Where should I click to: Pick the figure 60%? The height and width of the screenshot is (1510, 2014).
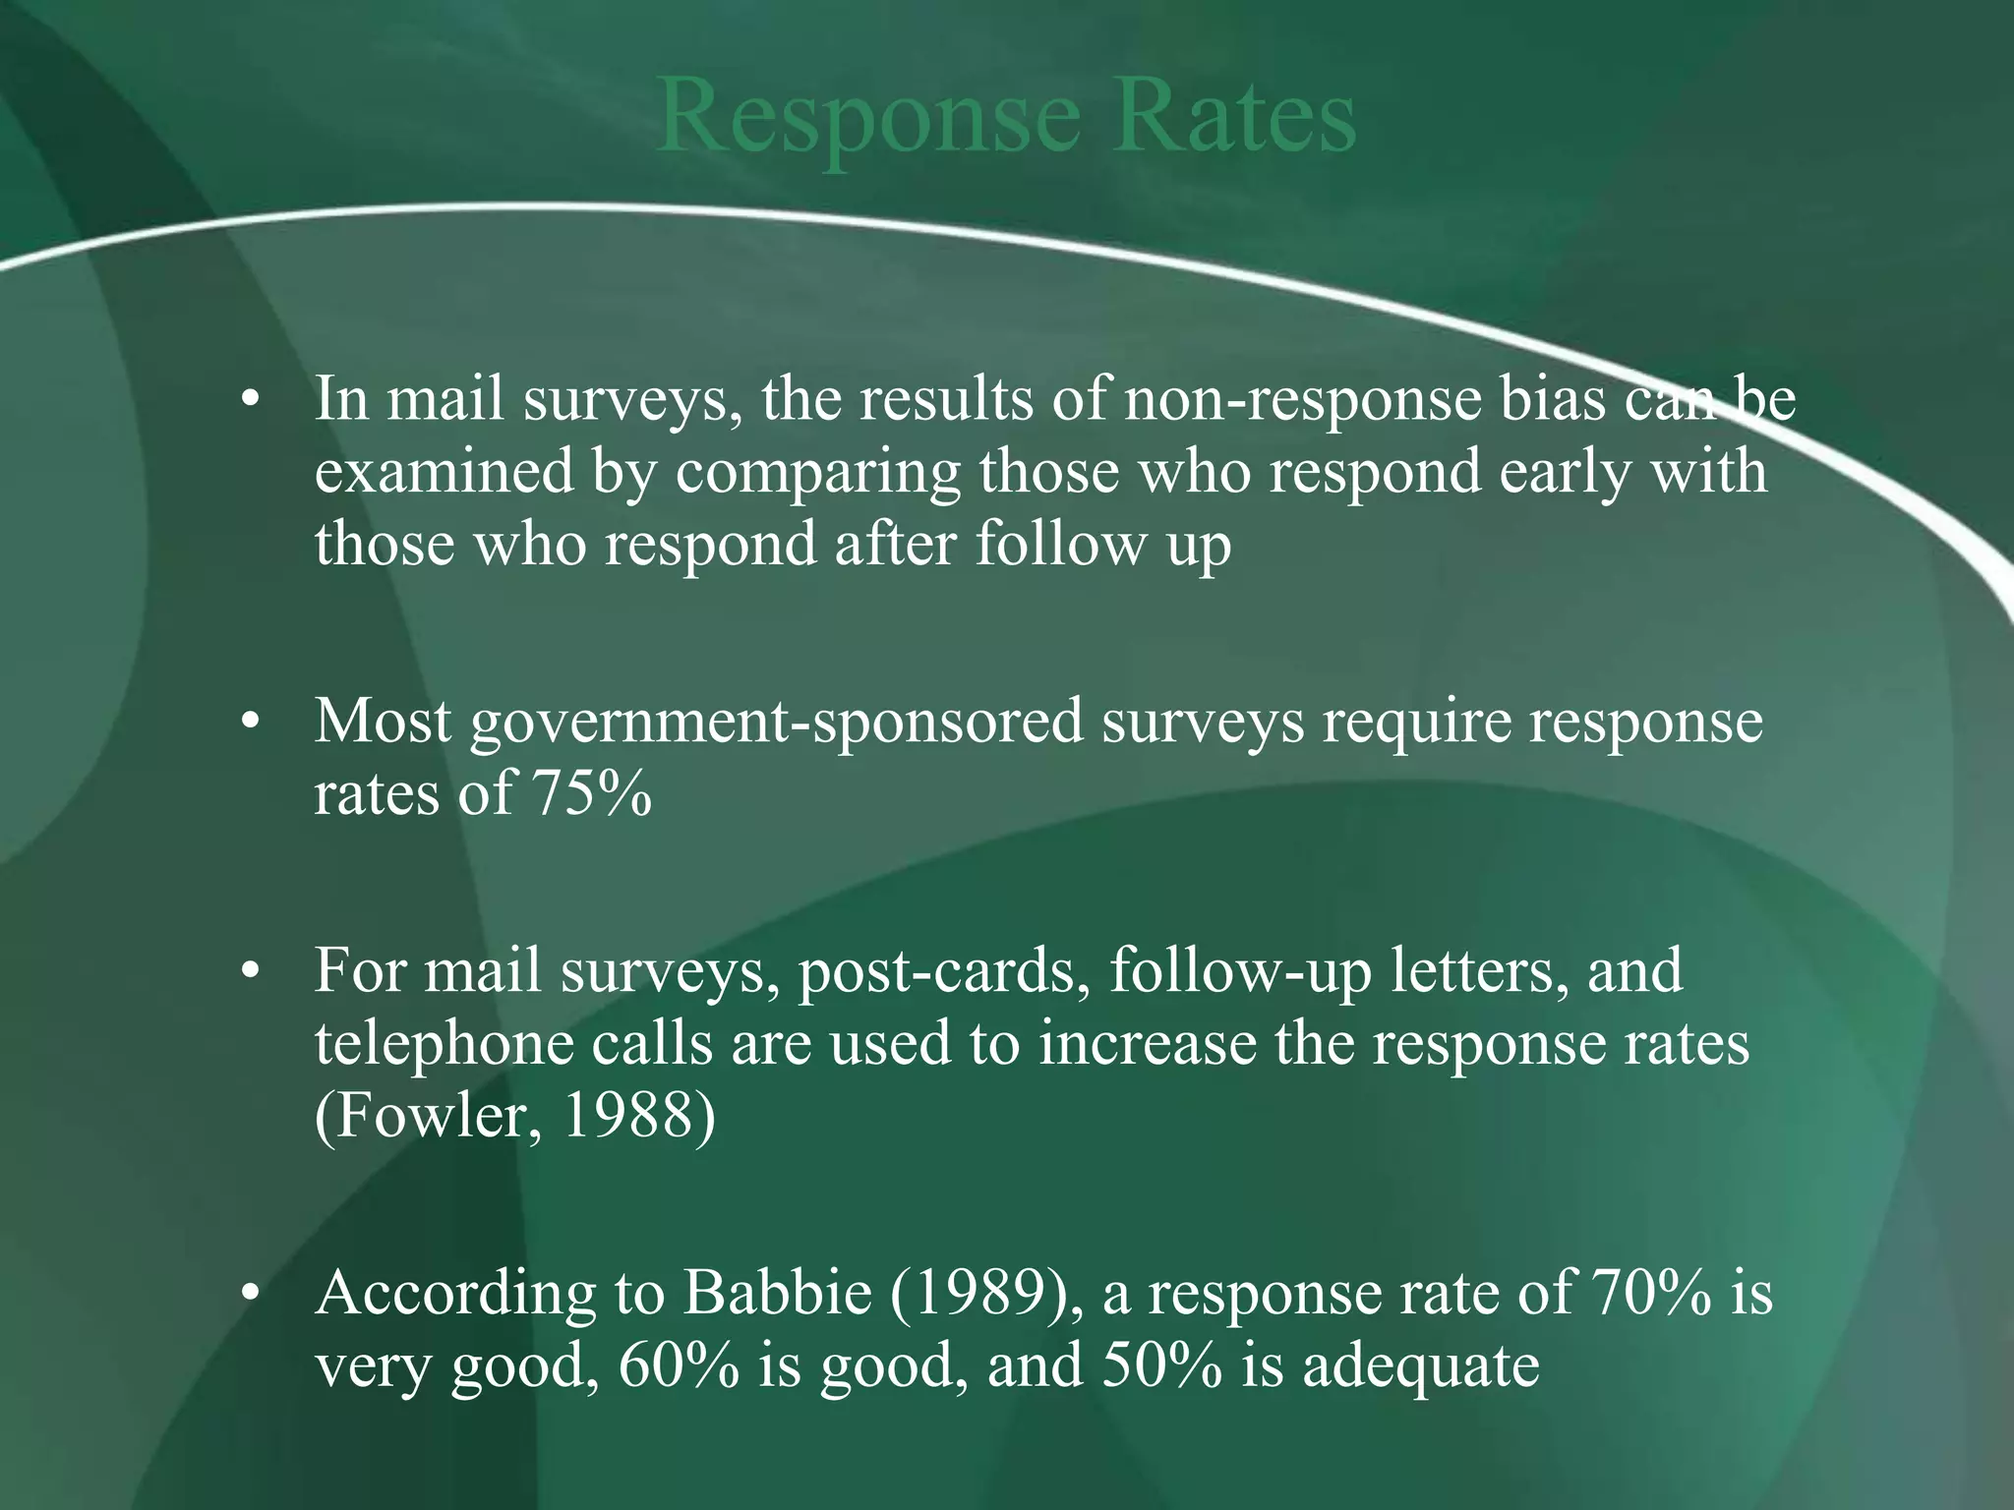679,1365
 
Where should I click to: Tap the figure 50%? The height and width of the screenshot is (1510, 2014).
1161,1365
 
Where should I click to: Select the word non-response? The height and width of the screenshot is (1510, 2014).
1302,402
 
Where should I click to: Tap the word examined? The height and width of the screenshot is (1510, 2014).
444,472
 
